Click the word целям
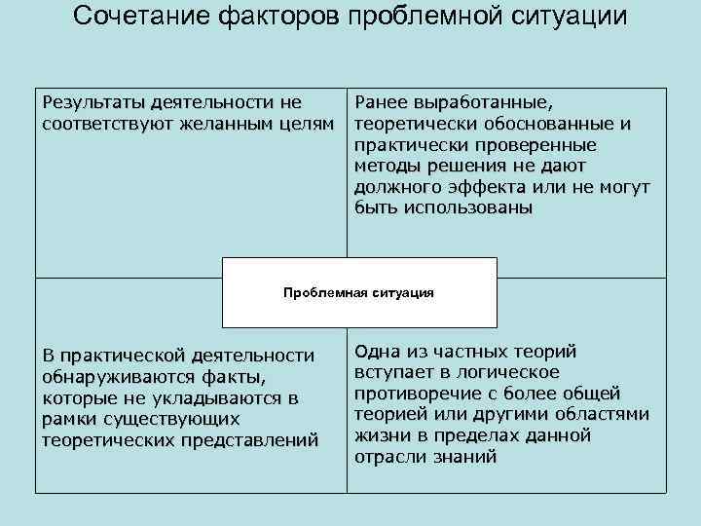pyautogui.click(x=306, y=124)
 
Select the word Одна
pyautogui.click(x=380, y=352)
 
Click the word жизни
pyautogui.click(x=381, y=435)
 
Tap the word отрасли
pyautogui.click(x=389, y=457)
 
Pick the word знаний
pyautogui.click(x=463, y=457)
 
